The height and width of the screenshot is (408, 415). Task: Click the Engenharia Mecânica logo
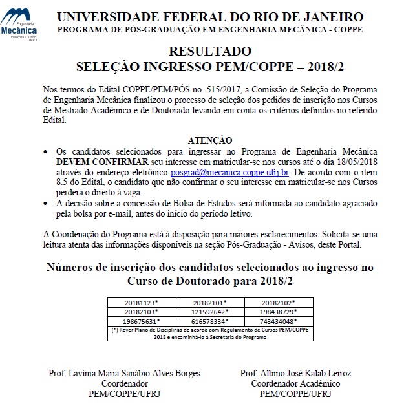(x=19, y=25)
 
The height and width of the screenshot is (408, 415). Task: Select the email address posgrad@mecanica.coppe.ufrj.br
(x=230, y=173)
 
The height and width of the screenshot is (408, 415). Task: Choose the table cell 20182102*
(x=279, y=302)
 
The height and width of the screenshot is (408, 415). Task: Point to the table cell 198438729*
(x=279, y=311)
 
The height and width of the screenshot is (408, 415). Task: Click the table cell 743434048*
(x=279, y=320)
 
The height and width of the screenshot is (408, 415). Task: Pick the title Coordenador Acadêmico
(x=295, y=383)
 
